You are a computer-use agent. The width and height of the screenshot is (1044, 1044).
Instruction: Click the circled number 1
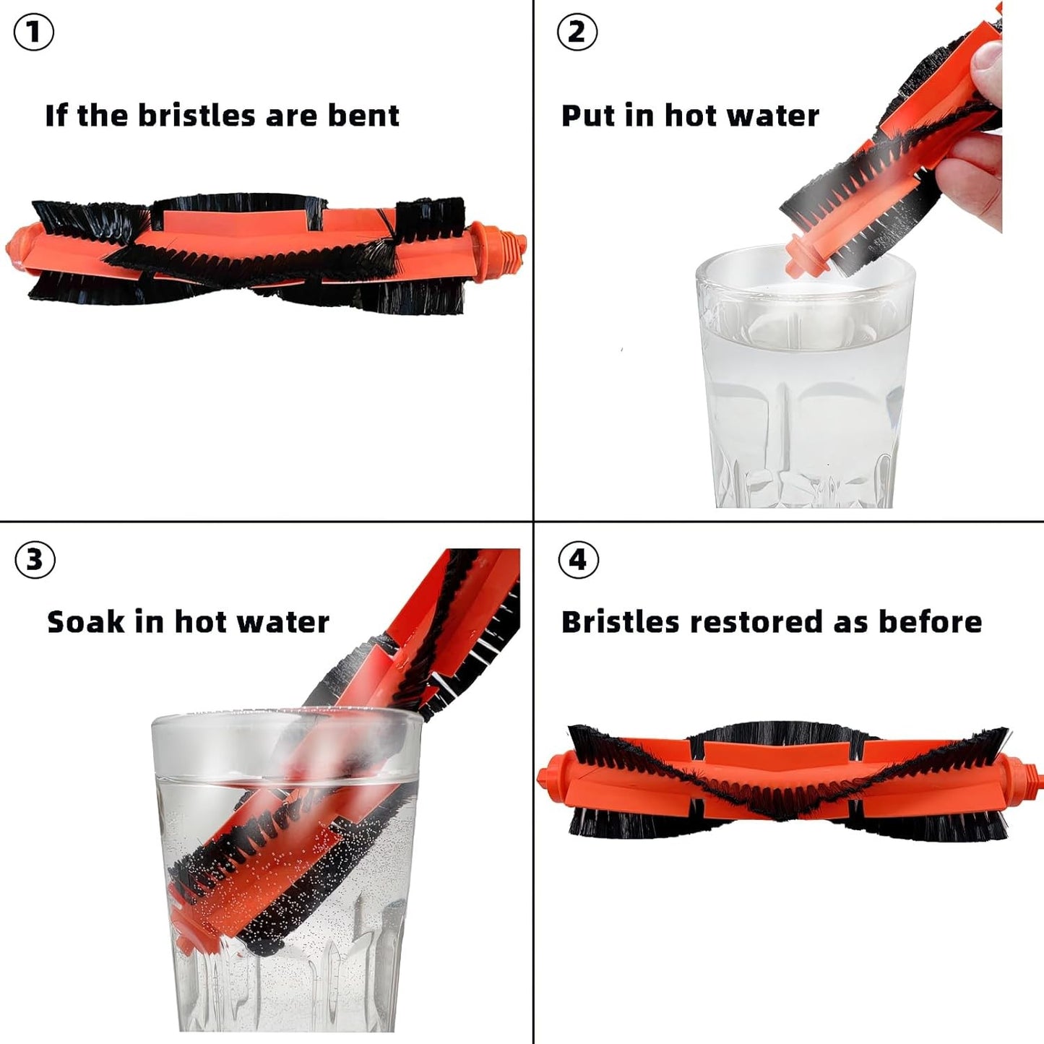click(33, 33)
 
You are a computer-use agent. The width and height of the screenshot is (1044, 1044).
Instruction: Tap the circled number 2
click(577, 33)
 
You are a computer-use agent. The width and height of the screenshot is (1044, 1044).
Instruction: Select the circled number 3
click(35, 559)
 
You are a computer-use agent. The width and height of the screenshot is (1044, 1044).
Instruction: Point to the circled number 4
click(579, 559)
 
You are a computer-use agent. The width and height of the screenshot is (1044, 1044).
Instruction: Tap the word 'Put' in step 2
click(588, 116)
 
